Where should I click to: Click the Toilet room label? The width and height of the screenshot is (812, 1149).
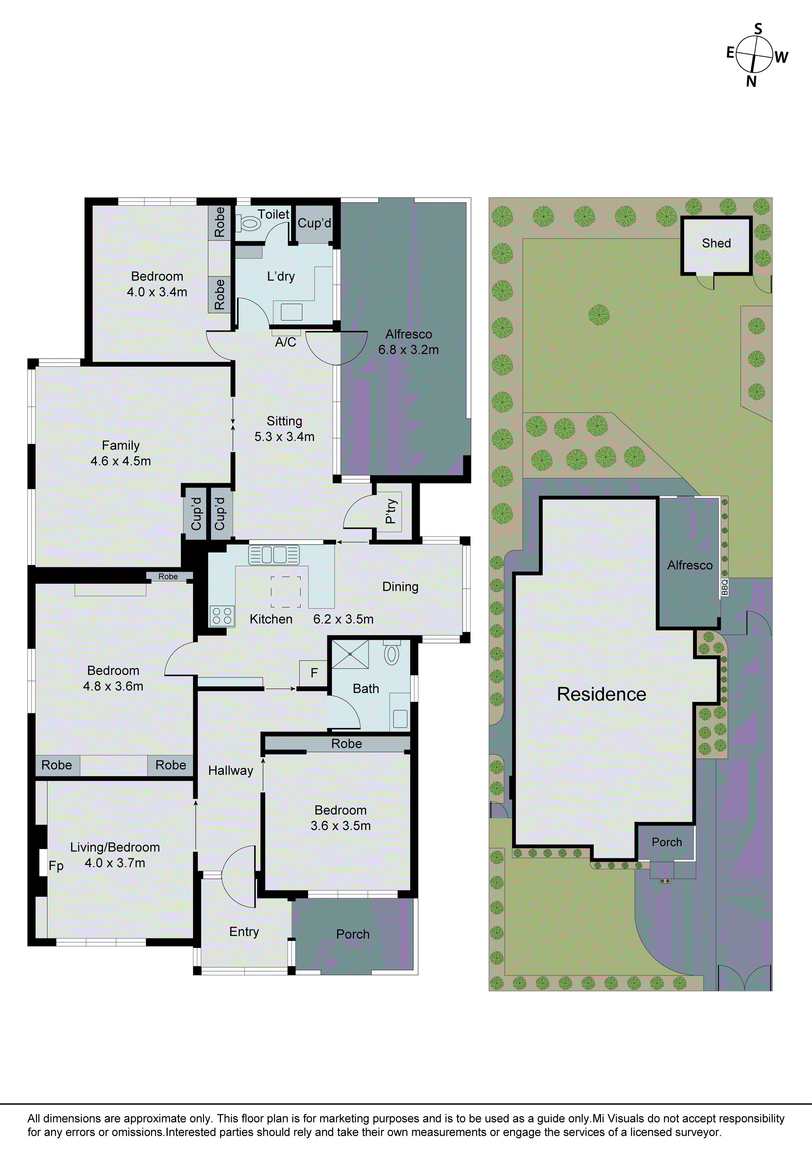(x=273, y=214)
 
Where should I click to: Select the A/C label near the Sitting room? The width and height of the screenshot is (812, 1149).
(x=285, y=342)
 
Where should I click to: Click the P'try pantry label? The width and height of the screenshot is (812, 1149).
(x=391, y=511)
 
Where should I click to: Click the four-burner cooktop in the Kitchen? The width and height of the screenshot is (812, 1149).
(x=222, y=616)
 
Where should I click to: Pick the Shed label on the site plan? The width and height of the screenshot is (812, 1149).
(x=716, y=243)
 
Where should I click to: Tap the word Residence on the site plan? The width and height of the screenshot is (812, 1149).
(x=601, y=694)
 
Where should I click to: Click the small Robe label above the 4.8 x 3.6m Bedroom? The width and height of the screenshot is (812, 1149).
(x=168, y=576)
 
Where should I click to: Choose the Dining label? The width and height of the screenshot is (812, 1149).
(x=400, y=587)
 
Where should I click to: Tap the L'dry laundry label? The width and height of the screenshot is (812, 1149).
(x=281, y=276)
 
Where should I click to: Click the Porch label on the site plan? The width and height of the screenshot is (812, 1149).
(x=666, y=842)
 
